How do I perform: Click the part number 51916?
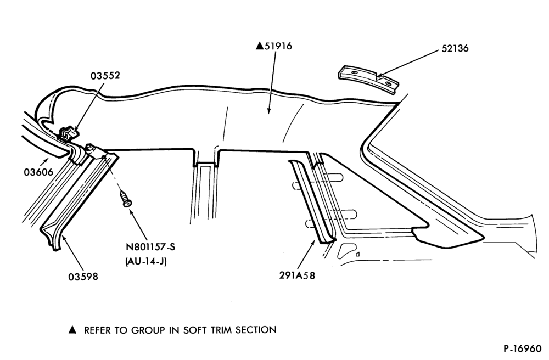tap(278, 46)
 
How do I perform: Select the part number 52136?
tap(455, 48)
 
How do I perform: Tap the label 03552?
tap(105, 76)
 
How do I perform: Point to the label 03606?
tap(38, 172)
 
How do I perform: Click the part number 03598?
tap(83, 277)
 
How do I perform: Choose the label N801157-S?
tap(150, 247)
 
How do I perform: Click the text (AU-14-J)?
tap(145, 261)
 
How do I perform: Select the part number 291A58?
tap(297, 275)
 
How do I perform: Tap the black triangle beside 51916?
tap(260, 46)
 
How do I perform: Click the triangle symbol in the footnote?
tap(72, 330)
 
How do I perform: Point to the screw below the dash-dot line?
tap(125, 199)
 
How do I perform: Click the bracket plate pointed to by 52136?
tap(368, 79)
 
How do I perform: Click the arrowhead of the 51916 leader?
tap(269, 111)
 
